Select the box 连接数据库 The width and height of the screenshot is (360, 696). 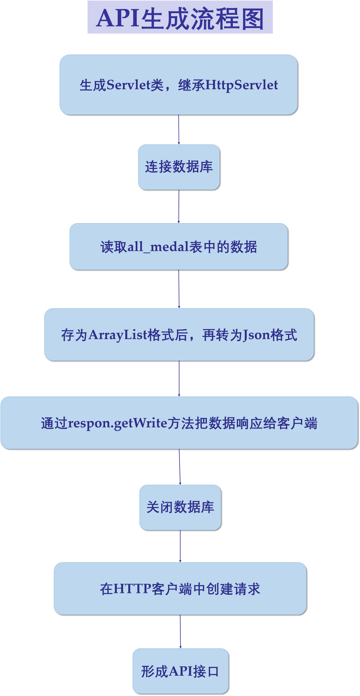[179, 167]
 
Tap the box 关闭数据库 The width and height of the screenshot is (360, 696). [180, 507]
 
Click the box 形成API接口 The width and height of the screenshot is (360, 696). [180, 671]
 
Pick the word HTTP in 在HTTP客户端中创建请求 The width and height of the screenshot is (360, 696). [132, 588]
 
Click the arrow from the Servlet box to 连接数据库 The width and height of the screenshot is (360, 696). [179, 129]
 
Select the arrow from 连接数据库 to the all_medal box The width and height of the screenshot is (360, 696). [179, 206]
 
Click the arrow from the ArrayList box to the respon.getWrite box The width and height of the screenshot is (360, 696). [179, 379]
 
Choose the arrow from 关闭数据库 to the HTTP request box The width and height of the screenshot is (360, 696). [180, 546]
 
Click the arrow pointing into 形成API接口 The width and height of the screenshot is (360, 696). [180, 631]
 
